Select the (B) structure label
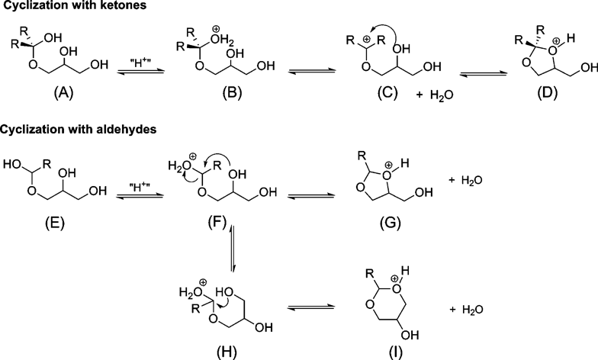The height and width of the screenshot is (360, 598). point(232,93)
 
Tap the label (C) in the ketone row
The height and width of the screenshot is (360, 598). point(387,93)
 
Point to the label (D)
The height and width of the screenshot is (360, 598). point(548,93)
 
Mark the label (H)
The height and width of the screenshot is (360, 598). point(227,352)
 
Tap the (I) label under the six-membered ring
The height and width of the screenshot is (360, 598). point(395,352)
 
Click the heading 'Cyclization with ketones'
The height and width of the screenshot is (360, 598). point(73,5)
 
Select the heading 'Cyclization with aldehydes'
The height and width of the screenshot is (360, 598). point(78,130)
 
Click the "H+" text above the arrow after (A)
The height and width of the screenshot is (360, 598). point(139,63)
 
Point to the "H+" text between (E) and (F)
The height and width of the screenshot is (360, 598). point(139,188)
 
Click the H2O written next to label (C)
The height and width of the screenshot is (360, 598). point(442,95)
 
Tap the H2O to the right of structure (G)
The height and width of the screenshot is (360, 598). point(472,180)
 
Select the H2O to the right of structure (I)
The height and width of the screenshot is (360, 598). point(473,310)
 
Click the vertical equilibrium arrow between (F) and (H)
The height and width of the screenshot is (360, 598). point(231,248)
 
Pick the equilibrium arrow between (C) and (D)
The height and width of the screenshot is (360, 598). point(483,72)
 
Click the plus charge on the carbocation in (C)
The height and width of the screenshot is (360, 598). point(365,39)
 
